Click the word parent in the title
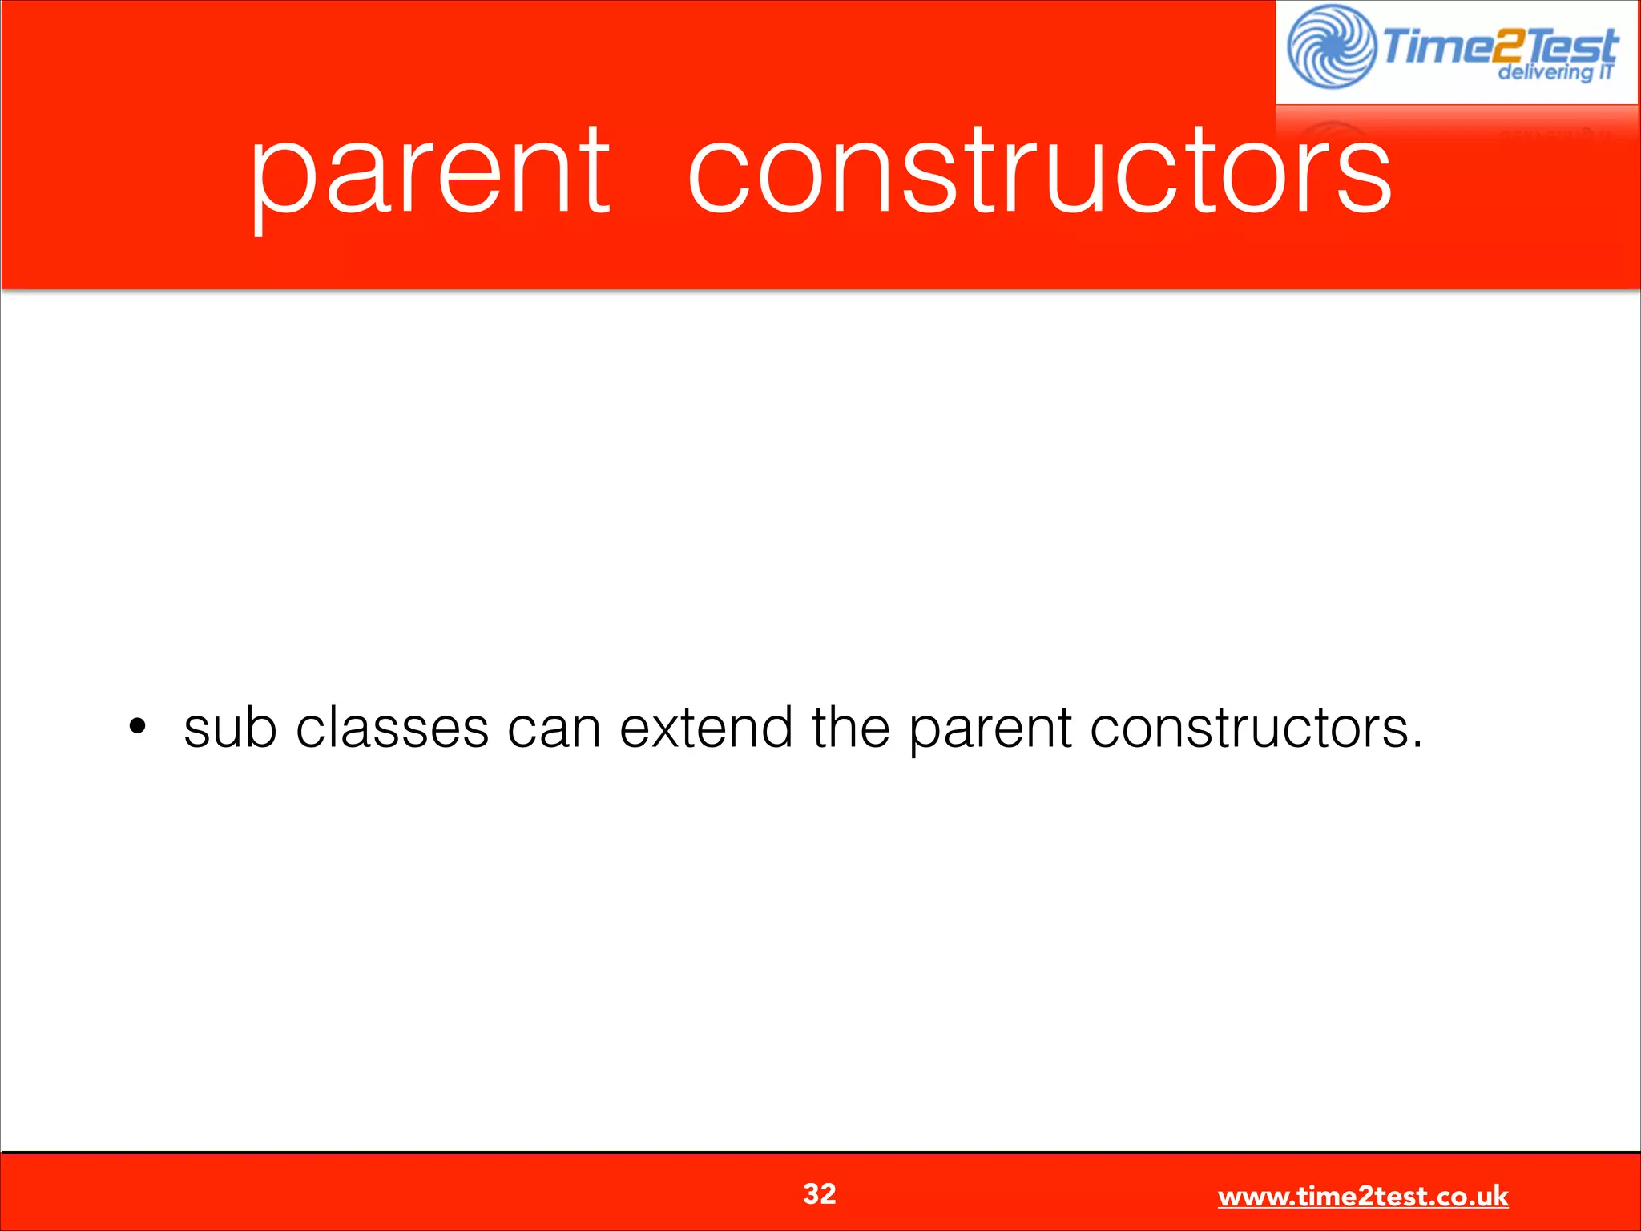430,172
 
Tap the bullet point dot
138,727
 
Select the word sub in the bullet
230,728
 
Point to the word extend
705,728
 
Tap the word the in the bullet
850,728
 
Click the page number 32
820,1193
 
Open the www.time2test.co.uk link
1362,1196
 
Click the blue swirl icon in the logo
1332,46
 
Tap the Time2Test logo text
1498,45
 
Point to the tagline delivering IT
1554,72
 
